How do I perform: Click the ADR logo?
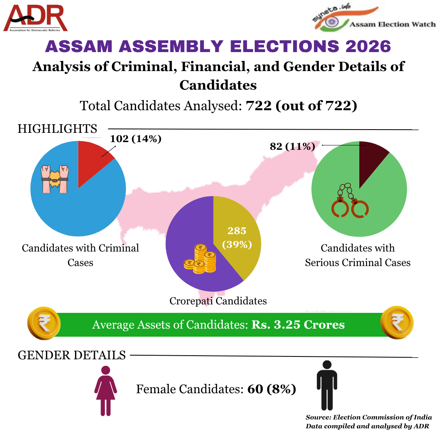36,18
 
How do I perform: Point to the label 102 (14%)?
136,139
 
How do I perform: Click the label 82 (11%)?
292,146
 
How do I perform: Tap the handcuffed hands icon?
55,178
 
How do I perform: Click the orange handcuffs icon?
350,202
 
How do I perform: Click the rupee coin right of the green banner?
397,322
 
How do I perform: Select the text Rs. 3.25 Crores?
298,325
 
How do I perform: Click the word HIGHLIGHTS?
57,129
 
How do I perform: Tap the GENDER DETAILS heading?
72,355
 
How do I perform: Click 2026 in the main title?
368,46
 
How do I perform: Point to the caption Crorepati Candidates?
218,301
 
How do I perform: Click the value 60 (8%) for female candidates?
272,389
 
